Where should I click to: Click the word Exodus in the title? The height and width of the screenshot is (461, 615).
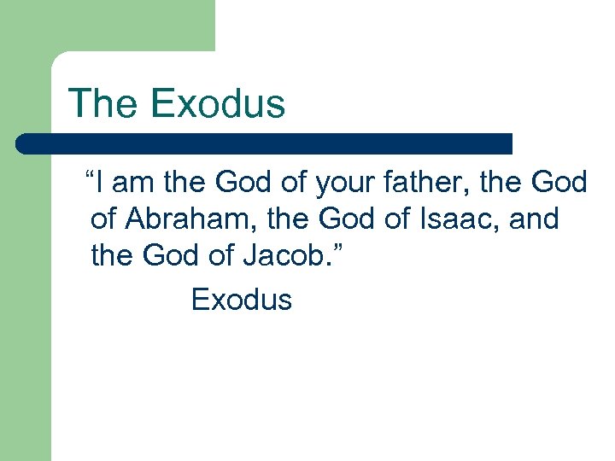pos(217,103)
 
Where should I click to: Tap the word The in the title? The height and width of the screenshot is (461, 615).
pos(104,103)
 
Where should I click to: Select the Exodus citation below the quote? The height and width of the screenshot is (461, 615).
pos(242,300)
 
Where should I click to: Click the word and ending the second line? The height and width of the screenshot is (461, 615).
pos(534,219)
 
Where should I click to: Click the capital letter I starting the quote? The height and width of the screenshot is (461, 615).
pos(102,183)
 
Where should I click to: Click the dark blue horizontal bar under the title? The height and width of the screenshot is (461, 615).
pos(265,143)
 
